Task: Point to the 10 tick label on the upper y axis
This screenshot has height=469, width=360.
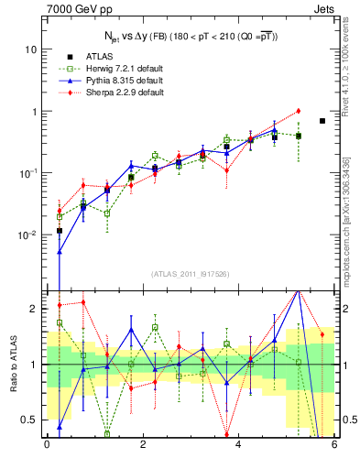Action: coord(31,49)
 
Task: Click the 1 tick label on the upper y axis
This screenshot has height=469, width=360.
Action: coord(34,111)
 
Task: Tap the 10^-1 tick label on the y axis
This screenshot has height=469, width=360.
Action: coord(29,172)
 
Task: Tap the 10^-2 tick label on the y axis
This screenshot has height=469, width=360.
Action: coord(29,234)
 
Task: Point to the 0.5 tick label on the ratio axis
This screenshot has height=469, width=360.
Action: coord(29,420)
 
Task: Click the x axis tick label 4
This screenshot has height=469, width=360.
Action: coord(238,445)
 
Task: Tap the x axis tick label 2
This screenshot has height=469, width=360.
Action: coord(142,445)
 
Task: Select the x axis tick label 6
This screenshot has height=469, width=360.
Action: coord(334,445)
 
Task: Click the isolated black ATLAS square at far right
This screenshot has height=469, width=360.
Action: coord(322,121)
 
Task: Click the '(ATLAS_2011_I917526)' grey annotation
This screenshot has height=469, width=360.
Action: coord(190,274)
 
